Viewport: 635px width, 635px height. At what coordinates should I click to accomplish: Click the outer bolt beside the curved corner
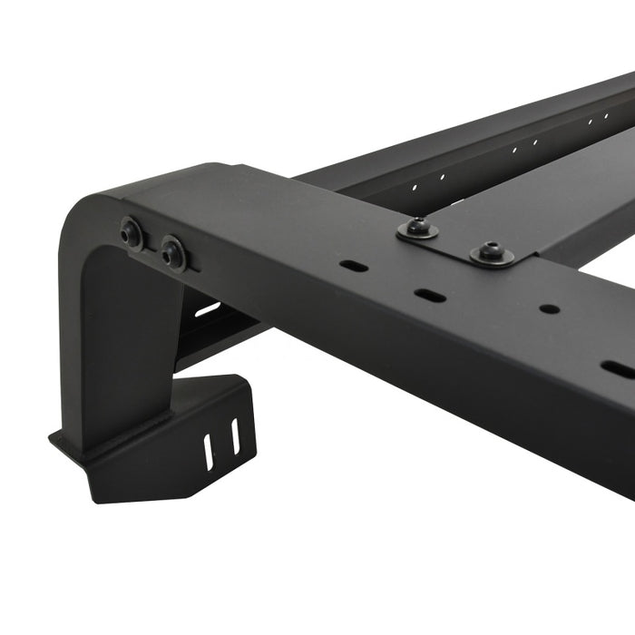coord(132,233)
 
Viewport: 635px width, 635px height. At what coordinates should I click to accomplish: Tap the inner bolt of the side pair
coord(172,253)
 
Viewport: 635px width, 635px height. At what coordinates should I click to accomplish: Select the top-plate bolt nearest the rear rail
coord(418,230)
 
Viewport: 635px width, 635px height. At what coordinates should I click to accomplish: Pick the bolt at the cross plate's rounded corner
coord(492,252)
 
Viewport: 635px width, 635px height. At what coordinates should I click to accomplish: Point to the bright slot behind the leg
coord(207,309)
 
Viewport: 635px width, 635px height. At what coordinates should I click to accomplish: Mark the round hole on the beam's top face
coord(549,308)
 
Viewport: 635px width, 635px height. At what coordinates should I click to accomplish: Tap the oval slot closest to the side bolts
coord(354,267)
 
